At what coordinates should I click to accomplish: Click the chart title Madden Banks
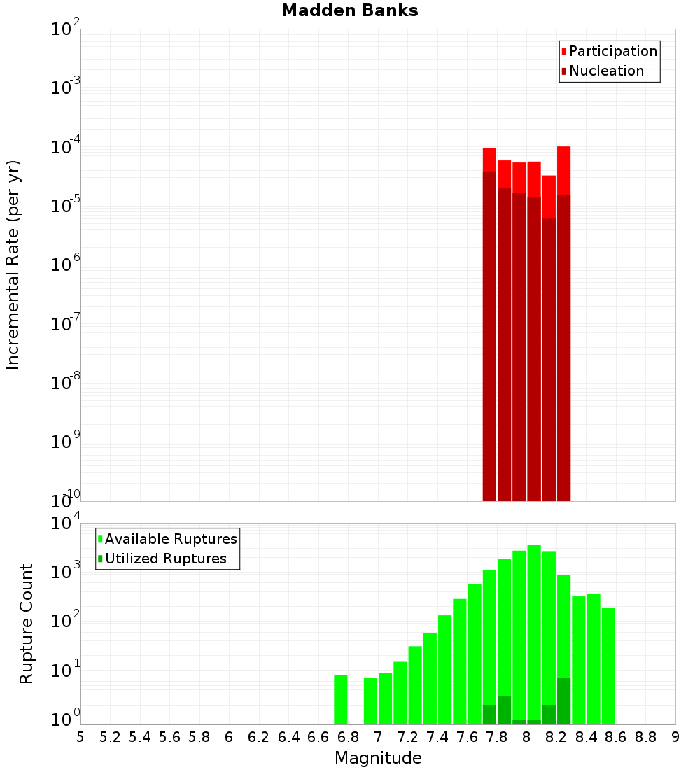coord(350,11)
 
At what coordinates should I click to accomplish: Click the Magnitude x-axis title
coord(378,758)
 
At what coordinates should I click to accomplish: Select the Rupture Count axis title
coord(27,624)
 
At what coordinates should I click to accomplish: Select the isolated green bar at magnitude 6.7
coord(341,700)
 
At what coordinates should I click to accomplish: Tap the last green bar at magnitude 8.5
coord(608,665)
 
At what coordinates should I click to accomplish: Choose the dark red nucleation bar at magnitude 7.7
coord(489,336)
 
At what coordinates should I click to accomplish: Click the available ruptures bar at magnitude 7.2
coord(415,686)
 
